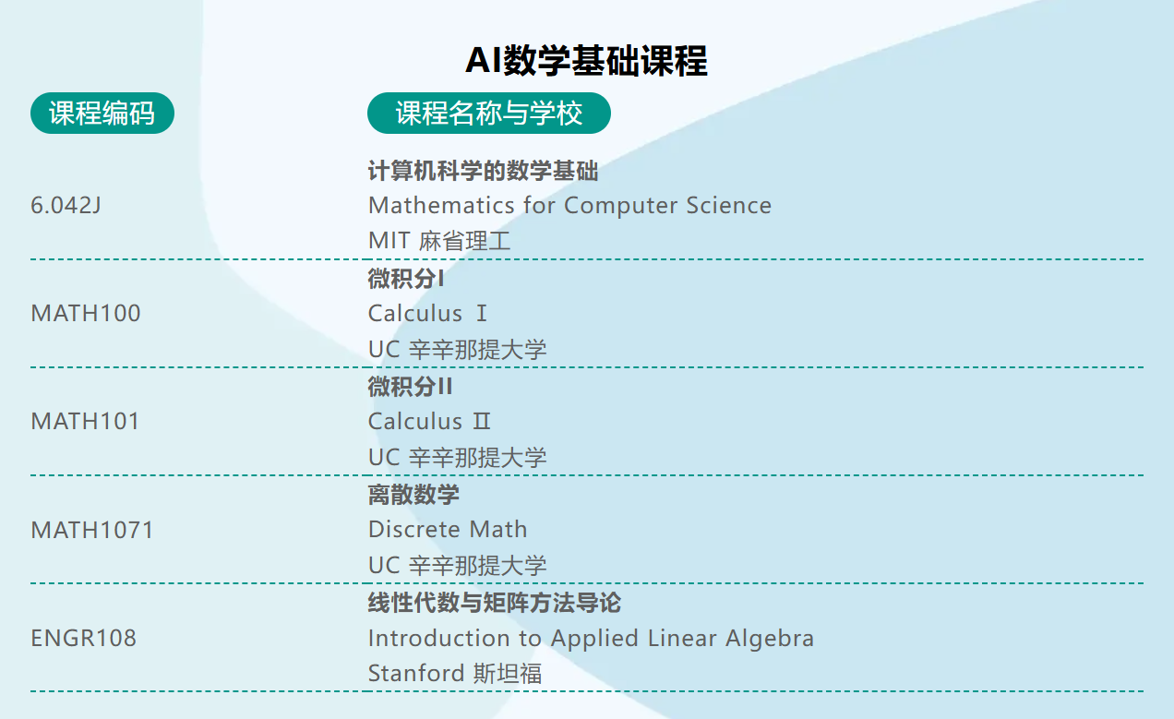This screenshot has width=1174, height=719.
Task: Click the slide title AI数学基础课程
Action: [586, 61]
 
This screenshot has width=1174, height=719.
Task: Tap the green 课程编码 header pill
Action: [102, 114]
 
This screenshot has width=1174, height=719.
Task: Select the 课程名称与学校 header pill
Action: [488, 114]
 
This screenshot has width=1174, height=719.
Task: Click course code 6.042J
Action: [66, 205]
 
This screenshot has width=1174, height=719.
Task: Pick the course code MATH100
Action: [86, 314]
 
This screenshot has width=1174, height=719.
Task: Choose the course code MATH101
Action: [86, 422]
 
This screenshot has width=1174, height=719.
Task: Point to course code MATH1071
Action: [92, 530]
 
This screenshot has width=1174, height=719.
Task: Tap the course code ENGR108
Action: [84, 638]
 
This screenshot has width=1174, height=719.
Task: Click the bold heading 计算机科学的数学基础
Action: [483, 171]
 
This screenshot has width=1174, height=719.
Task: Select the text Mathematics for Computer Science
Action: [569, 205]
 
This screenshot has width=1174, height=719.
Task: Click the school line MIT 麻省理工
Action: [439, 241]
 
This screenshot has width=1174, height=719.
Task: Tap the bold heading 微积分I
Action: [406, 279]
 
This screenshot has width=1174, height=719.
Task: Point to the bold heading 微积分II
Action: [411, 387]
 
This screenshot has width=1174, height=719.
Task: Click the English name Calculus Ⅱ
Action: [429, 422]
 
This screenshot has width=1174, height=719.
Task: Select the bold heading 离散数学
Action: [413, 495]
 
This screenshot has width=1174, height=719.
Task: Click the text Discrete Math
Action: [448, 530]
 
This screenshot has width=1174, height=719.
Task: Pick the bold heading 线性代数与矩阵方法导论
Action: [495, 603]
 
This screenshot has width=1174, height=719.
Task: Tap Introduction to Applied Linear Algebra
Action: [591, 638]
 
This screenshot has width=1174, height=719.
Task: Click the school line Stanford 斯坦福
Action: [455, 673]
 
